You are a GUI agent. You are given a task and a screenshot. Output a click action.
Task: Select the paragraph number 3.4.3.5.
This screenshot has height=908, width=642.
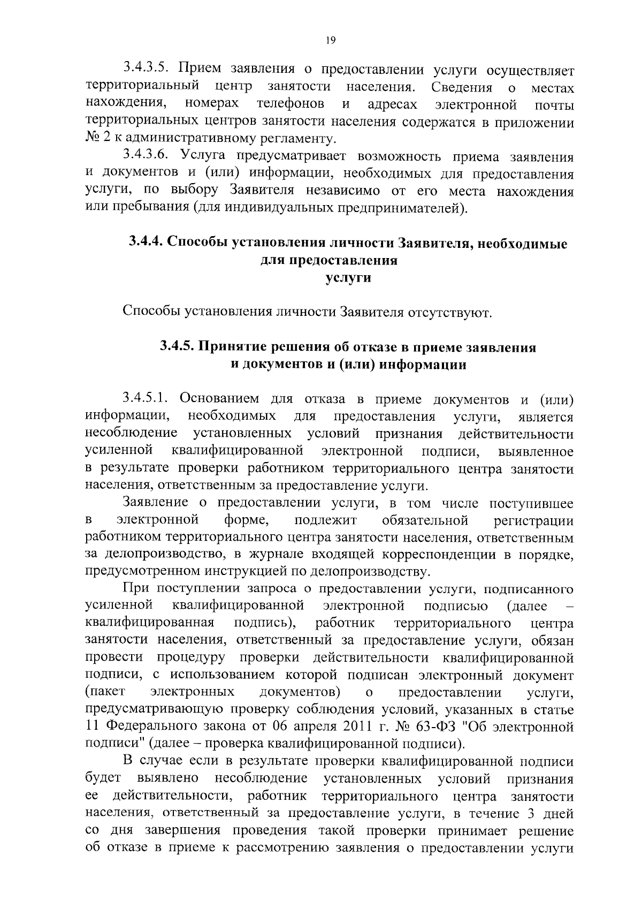click(146, 70)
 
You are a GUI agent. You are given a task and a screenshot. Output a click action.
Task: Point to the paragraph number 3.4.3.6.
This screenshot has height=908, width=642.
click(146, 156)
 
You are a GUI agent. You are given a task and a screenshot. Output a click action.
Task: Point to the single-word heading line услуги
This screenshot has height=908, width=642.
click(348, 278)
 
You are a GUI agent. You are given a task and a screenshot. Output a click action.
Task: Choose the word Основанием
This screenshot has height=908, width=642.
click(218, 399)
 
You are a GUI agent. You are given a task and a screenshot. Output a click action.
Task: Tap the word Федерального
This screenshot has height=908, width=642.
click(150, 728)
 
